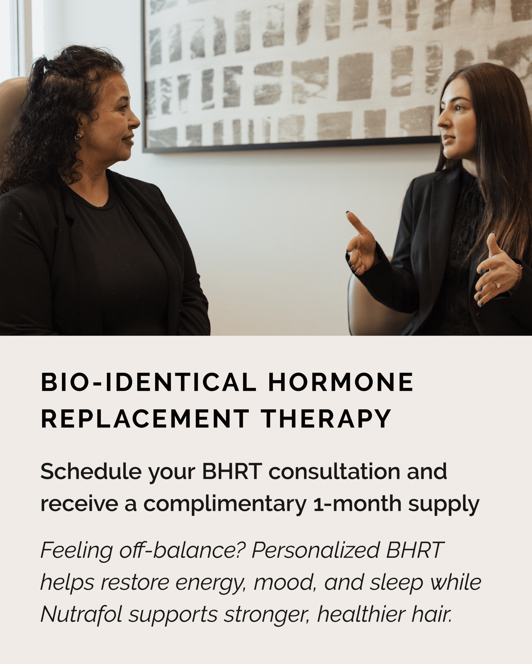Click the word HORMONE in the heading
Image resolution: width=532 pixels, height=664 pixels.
point(341,382)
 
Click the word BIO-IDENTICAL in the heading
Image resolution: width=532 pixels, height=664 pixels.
point(149,382)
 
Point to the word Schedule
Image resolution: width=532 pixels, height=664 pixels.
point(91,471)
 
